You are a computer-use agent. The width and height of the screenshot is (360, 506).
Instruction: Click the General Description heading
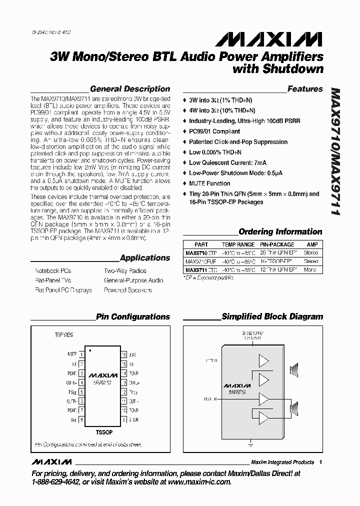click(x=130, y=89)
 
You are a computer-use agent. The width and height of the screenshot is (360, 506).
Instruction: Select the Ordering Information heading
click(x=280, y=231)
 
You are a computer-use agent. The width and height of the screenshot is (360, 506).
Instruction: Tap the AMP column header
click(x=311, y=245)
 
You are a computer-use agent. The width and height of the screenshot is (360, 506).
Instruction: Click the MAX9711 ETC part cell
click(x=201, y=269)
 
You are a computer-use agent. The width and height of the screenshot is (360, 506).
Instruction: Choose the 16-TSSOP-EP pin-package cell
click(x=277, y=261)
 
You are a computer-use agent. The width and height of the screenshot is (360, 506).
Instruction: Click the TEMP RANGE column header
click(x=238, y=245)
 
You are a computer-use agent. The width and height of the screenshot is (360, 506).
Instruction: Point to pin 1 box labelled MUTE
click(x=81, y=354)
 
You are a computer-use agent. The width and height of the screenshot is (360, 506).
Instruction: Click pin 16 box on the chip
click(x=123, y=354)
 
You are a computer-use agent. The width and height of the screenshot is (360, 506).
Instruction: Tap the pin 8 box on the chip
click(x=81, y=419)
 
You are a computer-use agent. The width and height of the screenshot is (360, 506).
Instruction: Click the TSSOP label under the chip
click(x=103, y=431)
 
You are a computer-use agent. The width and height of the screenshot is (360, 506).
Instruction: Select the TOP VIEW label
click(x=63, y=334)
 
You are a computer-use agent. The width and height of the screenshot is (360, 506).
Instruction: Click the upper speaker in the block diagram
click(x=295, y=370)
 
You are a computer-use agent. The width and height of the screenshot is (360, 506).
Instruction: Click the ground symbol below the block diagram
click(x=250, y=443)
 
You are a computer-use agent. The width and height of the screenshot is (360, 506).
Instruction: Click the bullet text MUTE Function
click(x=209, y=183)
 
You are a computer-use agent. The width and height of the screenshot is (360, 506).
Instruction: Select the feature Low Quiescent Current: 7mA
click(x=227, y=162)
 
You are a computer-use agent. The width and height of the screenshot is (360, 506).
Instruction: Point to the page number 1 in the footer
click(x=320, y=462)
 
